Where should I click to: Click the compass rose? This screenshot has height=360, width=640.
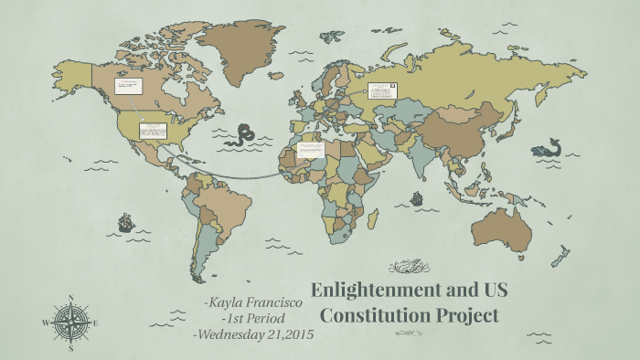(x=70, y=323)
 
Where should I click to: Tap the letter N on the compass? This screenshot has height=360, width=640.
(x=70, y=296)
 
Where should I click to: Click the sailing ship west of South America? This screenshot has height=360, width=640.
(x=125, y=222)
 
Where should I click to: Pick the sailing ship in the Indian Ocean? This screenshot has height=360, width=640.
(x=417, y=197)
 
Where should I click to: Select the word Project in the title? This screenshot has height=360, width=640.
(x=473, y=317)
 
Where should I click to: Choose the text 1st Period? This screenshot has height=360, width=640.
(x=257, y=318)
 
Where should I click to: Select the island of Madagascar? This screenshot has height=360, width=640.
(x=372, y=219)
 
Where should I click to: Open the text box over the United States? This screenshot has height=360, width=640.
(x=152, y=131)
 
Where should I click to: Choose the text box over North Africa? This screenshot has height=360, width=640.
(x=311, y=149)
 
